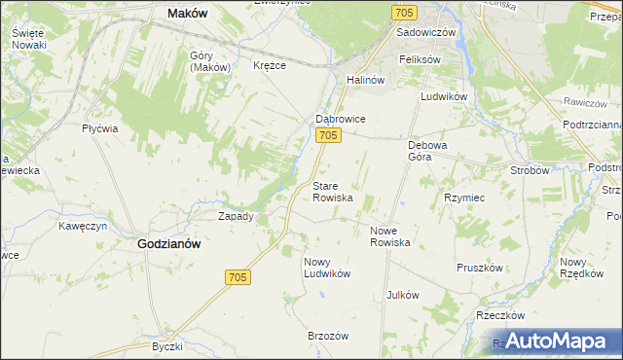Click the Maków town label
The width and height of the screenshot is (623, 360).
coord(190,14)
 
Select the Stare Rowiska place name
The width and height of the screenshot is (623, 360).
coord(332,191)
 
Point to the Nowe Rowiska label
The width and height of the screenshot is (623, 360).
coord(389,236)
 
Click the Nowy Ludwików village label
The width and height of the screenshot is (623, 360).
coord(327,268)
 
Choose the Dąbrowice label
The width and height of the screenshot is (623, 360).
coord(339,119)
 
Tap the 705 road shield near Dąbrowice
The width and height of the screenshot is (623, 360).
coord(328,136)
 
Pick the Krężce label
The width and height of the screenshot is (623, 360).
coord(270,66)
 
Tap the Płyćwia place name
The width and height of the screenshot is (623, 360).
coord(100,128)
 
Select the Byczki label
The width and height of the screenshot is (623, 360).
coord(167,346)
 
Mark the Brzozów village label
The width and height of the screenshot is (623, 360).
coord(328,335)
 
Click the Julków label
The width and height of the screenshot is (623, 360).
coord(402,294)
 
